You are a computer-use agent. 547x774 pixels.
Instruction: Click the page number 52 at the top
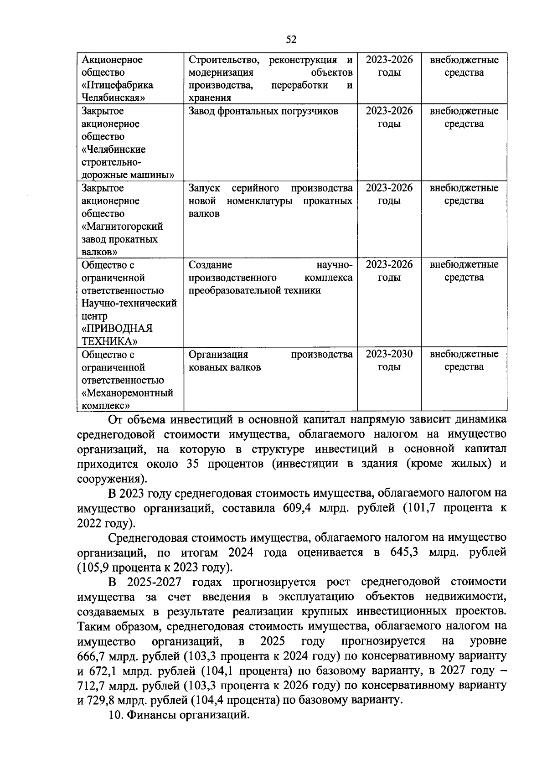click(x=291, y=40)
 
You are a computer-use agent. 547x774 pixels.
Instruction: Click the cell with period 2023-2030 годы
click(x=389, y=361)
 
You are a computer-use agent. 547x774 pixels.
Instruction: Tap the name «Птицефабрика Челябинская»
click(x=117, y=91)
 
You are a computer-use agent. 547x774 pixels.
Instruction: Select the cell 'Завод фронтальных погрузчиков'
click(x=263, y=111)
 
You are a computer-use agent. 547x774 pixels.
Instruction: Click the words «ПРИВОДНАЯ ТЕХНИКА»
click(x=117, y=335)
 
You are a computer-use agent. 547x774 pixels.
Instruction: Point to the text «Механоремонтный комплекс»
click(x=127, y=399)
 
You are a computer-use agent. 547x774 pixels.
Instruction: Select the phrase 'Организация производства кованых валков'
click(x=270, y=361)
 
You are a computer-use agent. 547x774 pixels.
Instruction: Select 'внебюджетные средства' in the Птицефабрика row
click(x=464, y=66)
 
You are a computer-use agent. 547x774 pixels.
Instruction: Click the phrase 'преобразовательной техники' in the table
click(x=254, y=290)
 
